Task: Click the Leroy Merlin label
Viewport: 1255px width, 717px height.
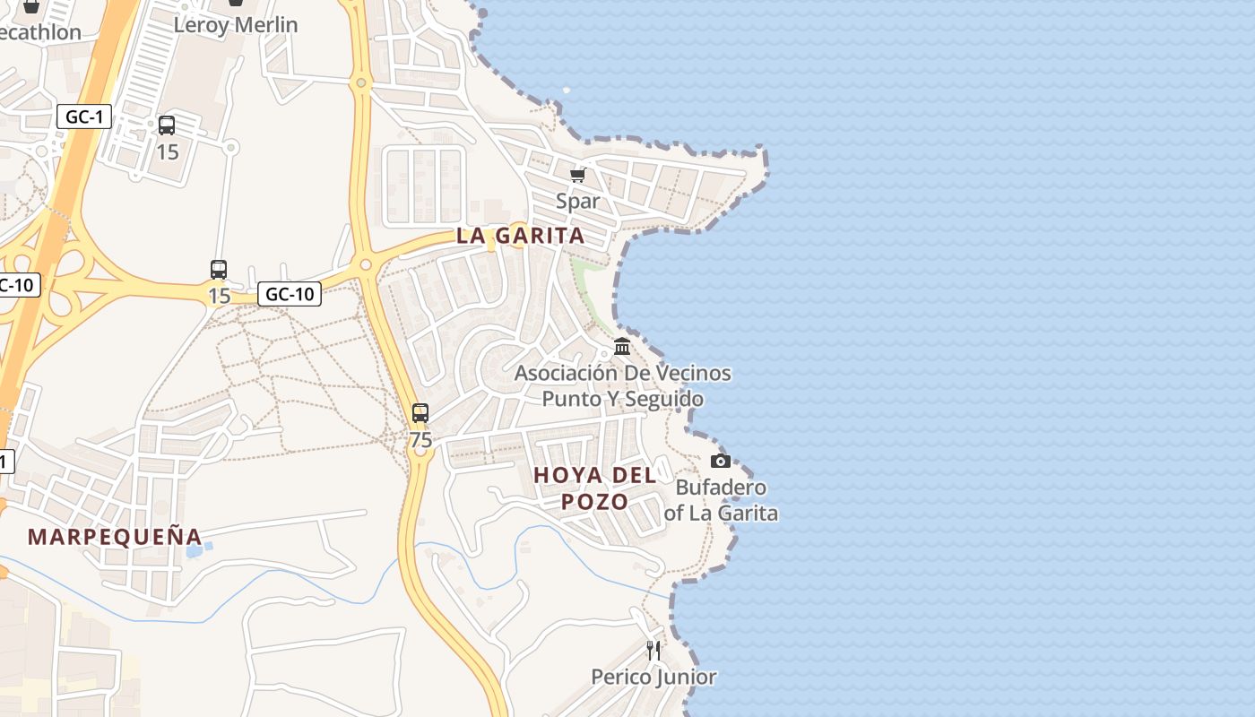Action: (x=236, y=24)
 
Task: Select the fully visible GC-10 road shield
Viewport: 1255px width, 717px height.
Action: (x=290, y=293)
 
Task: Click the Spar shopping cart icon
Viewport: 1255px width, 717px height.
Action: (x=577, y=174)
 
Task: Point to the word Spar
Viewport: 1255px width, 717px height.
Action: (x=577, y=201)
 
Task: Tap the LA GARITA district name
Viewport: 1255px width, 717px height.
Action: (x=520, y=236)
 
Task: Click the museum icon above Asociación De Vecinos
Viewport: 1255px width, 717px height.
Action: (x=622, y=346)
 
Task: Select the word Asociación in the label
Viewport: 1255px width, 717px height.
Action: (x=566, y=373)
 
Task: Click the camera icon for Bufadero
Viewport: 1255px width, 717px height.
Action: (x=720, y=461)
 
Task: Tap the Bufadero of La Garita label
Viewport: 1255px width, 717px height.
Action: (x=721, y=500)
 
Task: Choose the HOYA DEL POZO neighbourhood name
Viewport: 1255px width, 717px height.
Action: (x=595, y=488)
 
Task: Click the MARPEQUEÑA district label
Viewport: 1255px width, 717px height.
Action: (x=115, y=537)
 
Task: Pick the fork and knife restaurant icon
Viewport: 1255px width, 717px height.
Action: (x=653, y=650)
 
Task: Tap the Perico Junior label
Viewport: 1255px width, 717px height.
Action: (x=653, y=677)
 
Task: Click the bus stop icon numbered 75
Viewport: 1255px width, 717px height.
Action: (x=420, y=413)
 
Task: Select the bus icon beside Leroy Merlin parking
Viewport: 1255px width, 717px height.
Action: (x=167, y=125)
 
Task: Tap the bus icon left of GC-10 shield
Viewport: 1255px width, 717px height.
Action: (x=219, y=269)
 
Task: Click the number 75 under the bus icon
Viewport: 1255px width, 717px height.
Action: (x=420, y=440)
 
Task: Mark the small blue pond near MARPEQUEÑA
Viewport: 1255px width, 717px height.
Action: (x=194, y=549)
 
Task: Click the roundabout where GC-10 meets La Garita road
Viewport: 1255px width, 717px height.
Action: (x=365, y=264)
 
